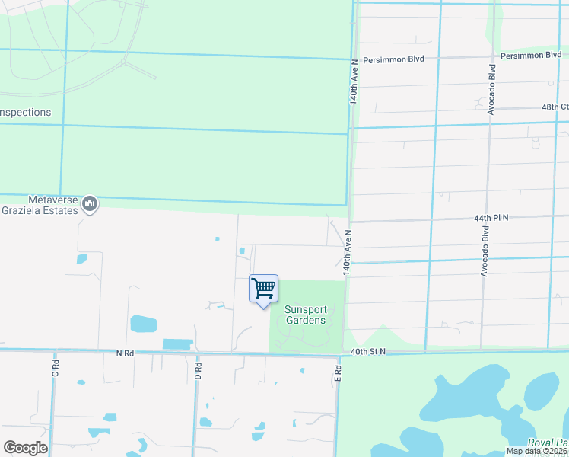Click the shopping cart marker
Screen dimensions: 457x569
coord(263,289)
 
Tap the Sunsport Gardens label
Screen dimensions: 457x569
coord(306,315)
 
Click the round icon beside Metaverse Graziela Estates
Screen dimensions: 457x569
coord(90,203)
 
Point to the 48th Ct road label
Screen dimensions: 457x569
coord(555,107)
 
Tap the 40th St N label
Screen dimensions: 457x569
coord(368,351)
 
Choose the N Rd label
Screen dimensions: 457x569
coord(125,353)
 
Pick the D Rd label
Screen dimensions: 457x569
coord(198,372)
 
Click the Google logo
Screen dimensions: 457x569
coord(25,447)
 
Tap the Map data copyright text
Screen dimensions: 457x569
coord(537,451)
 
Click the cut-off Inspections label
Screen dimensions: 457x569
coord(25,113)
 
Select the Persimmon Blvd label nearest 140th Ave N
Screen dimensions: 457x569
coord(392,59)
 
